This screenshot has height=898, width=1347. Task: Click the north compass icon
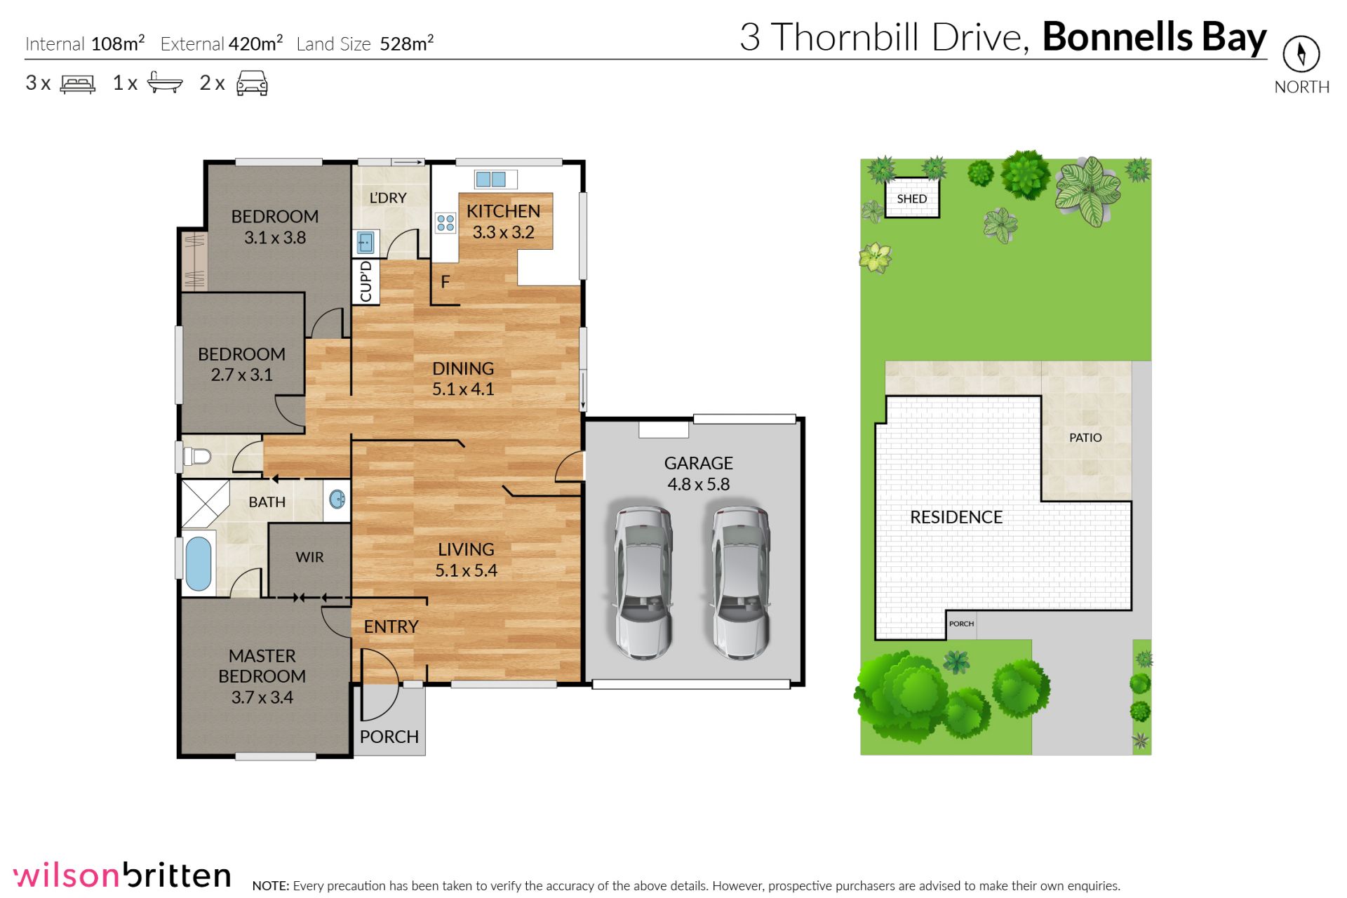coord(1301,53)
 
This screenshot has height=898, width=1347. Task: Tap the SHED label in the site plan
coord(911,199)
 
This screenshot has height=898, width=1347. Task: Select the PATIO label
coord(1085,437)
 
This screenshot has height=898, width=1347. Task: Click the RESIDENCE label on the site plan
coord(956,517)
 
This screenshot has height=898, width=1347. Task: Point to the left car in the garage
coord(643,582)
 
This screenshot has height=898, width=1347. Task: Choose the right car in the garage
coord(741,582)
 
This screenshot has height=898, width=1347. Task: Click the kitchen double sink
coord(490,179)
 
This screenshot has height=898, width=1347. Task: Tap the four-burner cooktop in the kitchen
coord(445,223)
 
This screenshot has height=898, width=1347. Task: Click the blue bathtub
coord(198,563)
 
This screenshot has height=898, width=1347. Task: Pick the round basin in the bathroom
coord(337,500)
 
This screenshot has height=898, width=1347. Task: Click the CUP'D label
coord(366,281)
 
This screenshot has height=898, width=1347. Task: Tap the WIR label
coord(309,557)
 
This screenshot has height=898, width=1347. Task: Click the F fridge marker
coord(445,282)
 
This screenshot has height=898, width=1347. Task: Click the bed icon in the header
coord(78,84)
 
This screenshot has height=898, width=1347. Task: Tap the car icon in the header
coord(252,83)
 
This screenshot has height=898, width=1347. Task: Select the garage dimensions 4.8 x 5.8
coord(698,484)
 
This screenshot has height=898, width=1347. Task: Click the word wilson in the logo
coord(67,876)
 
